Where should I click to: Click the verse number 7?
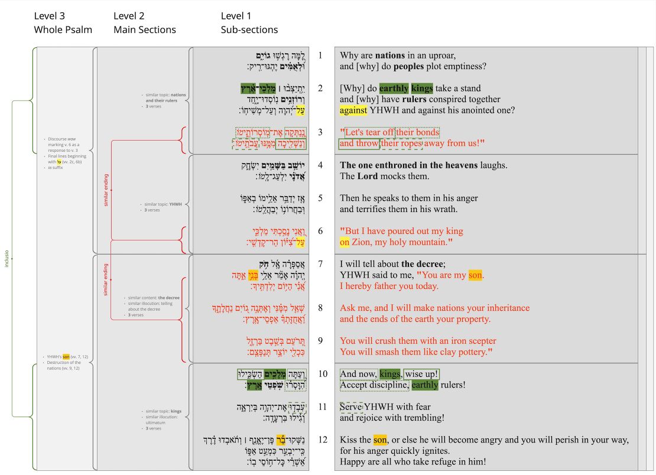pos(320,263)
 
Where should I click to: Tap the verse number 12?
pos(322,440)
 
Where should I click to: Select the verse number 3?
pos(320,132)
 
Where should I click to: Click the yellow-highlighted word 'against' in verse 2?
pos(353,110)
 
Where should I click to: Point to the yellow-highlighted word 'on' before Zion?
pos(345,242)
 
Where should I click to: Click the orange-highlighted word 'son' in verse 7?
pos(475,275)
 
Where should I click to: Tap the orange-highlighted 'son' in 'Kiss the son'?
pos(381,440)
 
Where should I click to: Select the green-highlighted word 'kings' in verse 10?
pos(389,374)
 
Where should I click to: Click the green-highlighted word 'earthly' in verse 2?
pos(394,88)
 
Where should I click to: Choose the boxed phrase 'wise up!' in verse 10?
pos(421,374)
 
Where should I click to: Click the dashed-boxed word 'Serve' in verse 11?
pos(351,406)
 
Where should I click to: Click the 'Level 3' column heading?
pos(50,16)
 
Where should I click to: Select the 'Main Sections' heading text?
pos(144,30)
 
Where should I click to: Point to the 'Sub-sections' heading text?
pos(249,30)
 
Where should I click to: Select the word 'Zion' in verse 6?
pos(361,242)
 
